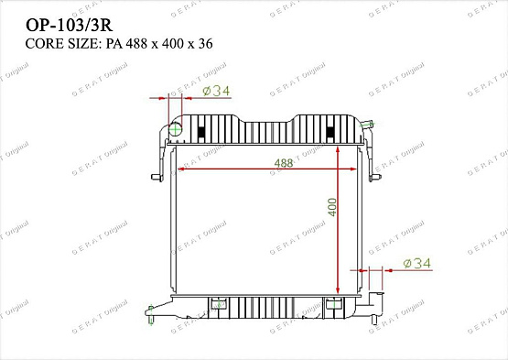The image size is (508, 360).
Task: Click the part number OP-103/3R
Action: (60, 20)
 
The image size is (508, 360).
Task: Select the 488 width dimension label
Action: (284, 164)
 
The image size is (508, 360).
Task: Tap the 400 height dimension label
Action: (333, 207)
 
